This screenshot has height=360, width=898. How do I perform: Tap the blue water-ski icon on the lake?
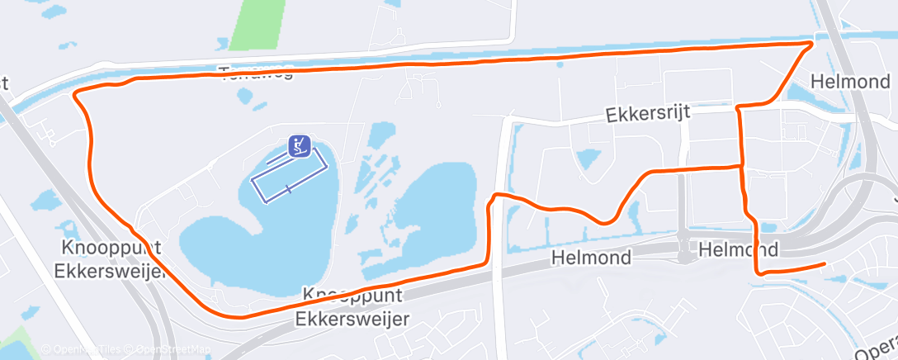(x=299, y=147)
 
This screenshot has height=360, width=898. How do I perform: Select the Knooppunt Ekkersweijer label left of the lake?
(x=110, y=260)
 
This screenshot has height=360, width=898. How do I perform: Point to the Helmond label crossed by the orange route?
(x=738, y=249)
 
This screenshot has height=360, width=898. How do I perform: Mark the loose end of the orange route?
(x=824, y=264)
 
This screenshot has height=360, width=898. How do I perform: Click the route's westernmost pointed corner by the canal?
(x=75, y=96)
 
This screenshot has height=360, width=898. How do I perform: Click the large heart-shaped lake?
(x=248, y=239)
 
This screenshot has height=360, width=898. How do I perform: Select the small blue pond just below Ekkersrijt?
(x=589, y=157)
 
